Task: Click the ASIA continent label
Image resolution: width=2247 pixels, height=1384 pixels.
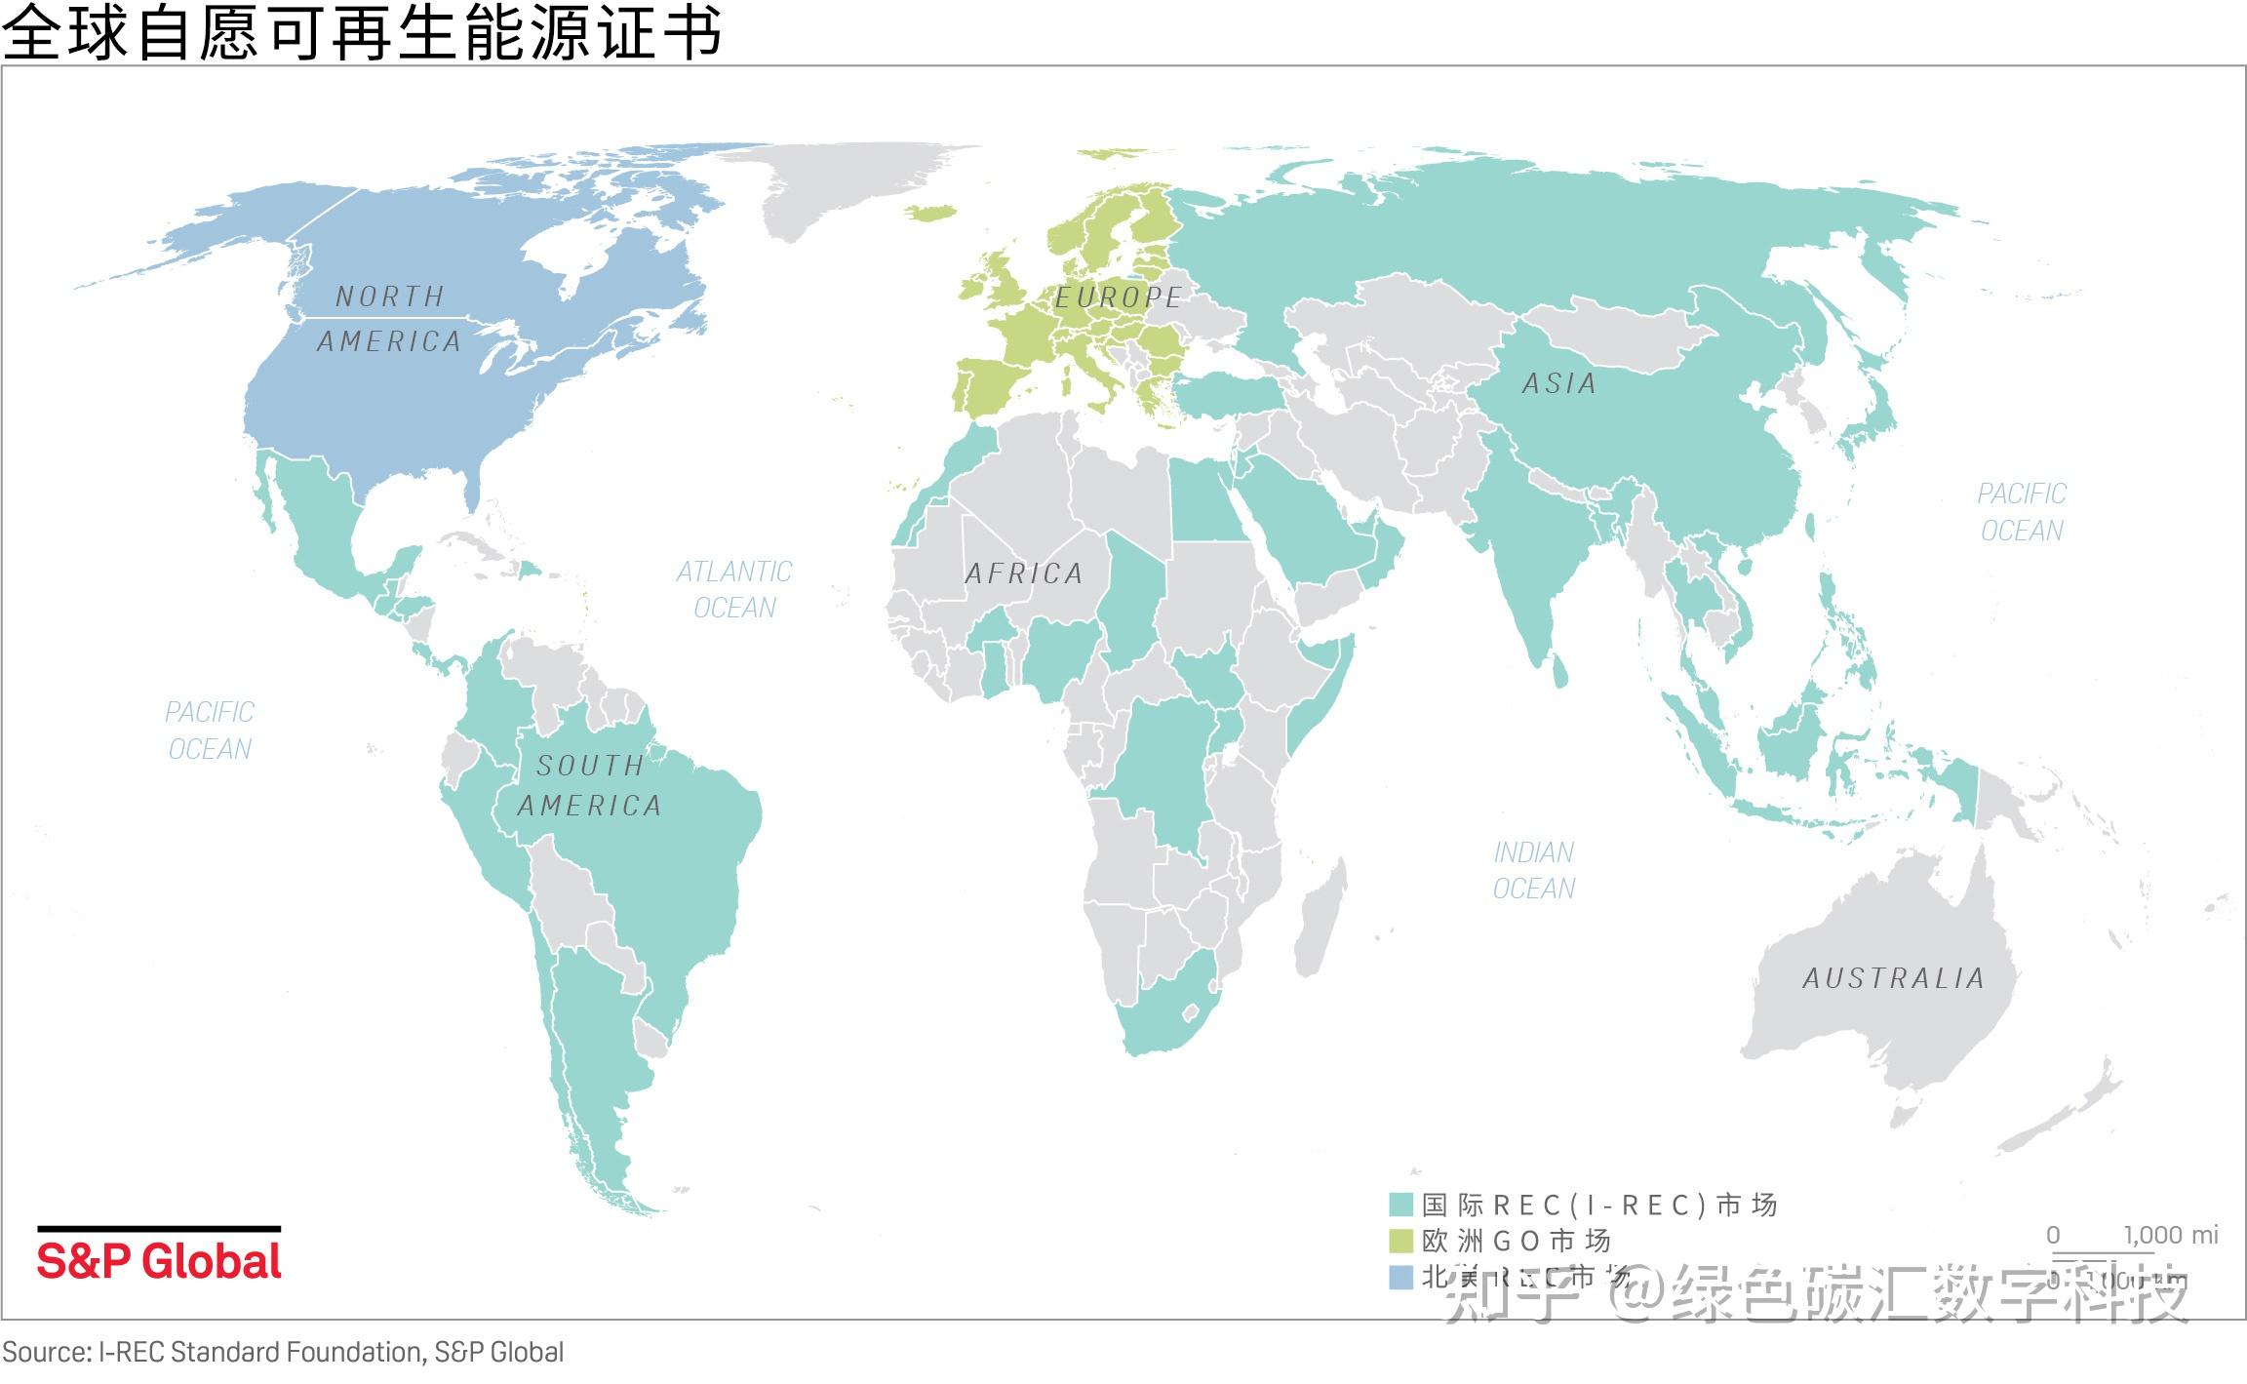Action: [1558, 383]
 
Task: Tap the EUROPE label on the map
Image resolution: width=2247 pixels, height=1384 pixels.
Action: [1118, 297]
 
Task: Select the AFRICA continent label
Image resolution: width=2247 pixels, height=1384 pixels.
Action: [1024, 573]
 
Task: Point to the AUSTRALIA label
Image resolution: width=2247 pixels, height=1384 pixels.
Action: [1893, 978]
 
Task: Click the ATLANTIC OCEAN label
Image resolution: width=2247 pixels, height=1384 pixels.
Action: [734, 589]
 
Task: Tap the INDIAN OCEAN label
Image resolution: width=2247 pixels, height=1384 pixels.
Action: [1533, 870]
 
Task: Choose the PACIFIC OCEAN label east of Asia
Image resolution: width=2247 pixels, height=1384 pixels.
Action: [2022, 512]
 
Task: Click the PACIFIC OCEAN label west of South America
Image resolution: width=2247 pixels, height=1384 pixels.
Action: [209, 731]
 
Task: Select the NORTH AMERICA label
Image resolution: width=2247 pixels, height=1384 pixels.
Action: [389, 319]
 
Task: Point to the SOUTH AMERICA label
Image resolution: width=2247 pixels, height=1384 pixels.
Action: [589, 785]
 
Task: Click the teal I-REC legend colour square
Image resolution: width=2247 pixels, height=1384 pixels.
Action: [1400, 1205]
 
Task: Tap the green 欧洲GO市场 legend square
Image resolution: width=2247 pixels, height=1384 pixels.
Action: [1400, 1241]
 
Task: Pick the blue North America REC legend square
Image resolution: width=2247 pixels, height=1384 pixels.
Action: [1400, 1277]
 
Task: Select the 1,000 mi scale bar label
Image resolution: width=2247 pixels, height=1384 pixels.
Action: [2170, 1235]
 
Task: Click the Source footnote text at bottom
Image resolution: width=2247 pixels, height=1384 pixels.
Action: [283, 1353]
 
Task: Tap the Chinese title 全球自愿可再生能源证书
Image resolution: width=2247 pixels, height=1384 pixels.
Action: [361, 31]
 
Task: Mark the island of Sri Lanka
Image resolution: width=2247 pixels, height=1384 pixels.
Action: [1559, 670]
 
